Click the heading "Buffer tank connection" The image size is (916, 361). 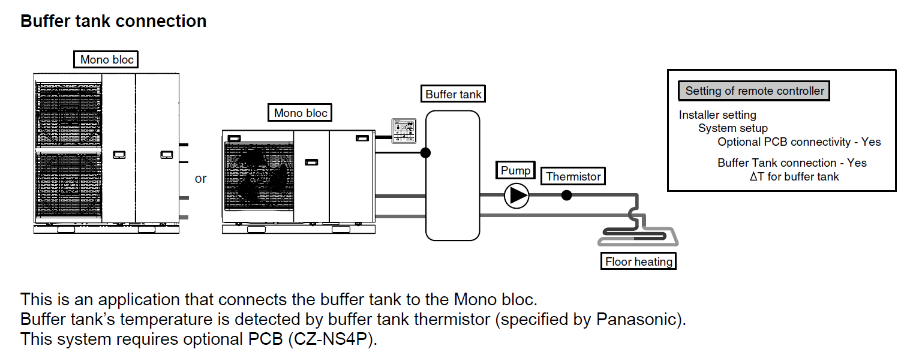coord(113,22)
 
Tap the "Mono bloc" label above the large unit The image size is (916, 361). coord(107,59)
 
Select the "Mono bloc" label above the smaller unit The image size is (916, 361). coord(301,113)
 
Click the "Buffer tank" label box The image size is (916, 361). coord(453,94)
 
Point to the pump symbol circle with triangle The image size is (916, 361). coord(516,195)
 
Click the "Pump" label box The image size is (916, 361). coord(516,170)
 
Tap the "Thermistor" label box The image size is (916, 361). coord(573,176)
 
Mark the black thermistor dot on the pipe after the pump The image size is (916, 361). coord(566,195)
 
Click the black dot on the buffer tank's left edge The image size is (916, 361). coord(425,152)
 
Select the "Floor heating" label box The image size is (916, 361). coord(639,261)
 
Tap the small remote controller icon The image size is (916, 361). coord(403,131)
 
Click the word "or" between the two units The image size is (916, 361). coord(200,179)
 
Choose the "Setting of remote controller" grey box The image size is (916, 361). coord(755,91)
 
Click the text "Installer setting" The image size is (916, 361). coord(717,115)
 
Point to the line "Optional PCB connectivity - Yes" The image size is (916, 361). coord(799,142)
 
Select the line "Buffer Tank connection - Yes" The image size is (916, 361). coord(792,163)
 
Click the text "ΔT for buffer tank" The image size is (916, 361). coord(794,176)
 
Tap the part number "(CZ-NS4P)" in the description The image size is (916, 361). coord(333,339)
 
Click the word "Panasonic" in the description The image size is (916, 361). coord(638,319)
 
